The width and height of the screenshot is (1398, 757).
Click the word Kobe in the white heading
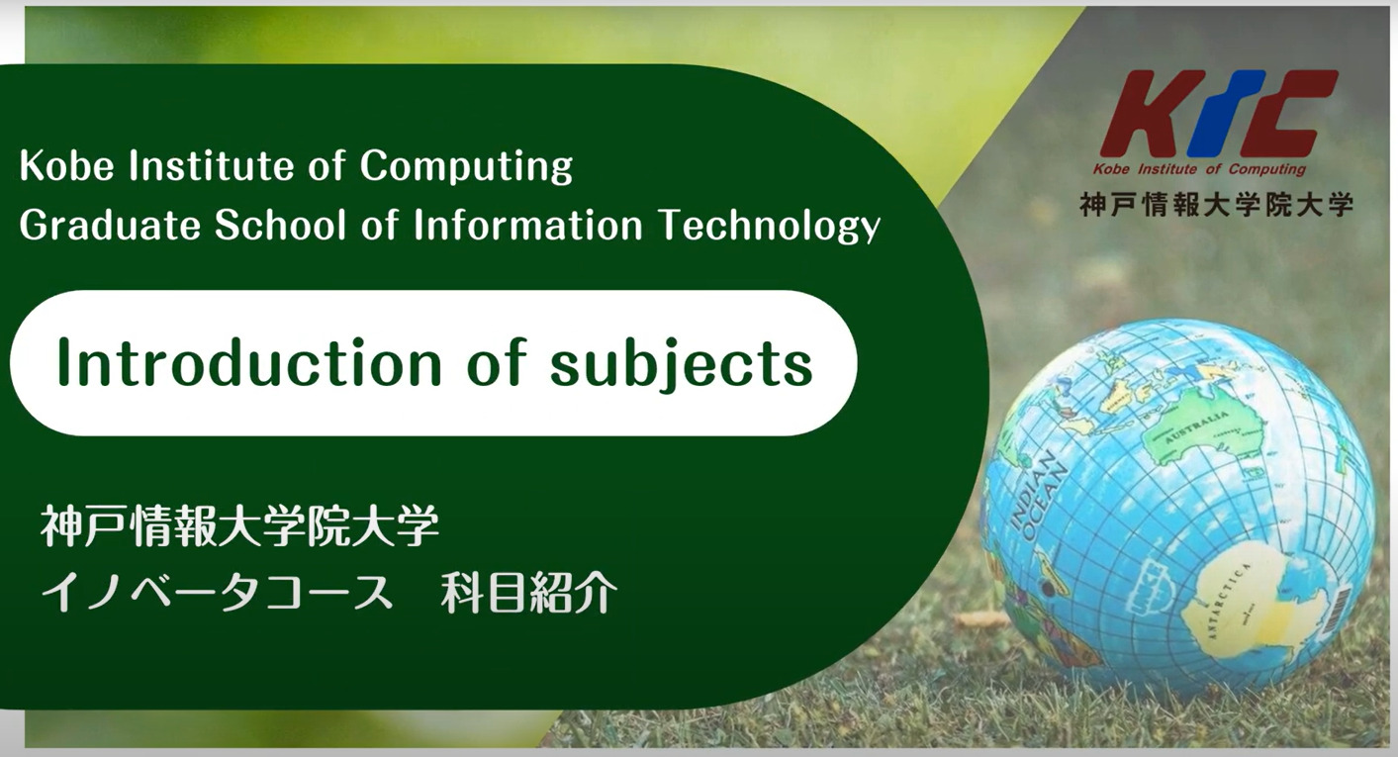[66, 165]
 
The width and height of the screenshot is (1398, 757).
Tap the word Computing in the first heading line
[466, 166]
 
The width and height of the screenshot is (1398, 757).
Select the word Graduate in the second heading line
[110, 225]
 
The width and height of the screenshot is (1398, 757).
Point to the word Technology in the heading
[770, 226]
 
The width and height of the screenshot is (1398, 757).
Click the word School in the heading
[280, 225]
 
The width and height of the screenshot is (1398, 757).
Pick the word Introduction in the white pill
[249, 362]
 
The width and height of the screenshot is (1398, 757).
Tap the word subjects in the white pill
[682, 364]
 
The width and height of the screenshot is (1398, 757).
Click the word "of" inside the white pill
[496, 362]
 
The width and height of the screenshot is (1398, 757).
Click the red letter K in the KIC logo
[1152, 113]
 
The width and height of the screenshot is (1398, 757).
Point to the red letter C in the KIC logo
[1285, 113]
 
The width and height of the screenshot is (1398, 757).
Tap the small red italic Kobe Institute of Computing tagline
[1199, 169]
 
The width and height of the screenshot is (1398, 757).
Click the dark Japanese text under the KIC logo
[1216, 205]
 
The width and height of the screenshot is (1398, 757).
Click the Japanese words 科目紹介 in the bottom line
[529, 593]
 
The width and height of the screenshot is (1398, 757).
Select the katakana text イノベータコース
[218, 593]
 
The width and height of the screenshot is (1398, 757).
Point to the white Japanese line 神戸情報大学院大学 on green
[240, 526]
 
